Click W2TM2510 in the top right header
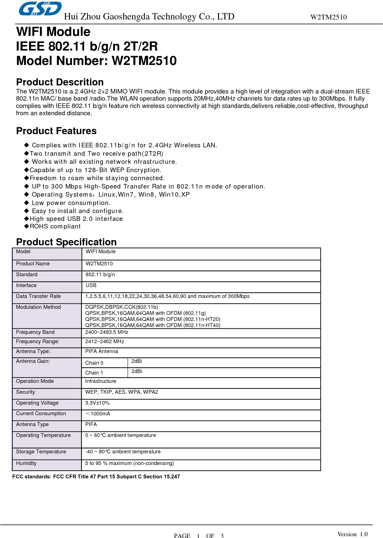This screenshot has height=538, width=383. [x=328, y=17]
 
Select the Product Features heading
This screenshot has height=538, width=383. [x=56, y=131]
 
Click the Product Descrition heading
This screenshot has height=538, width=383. [x=60, y=82]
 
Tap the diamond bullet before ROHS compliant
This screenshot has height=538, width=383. [x=27, y=226]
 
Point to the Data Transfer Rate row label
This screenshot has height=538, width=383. [x=38, y=296]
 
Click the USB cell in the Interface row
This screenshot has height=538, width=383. [x=91, y=285]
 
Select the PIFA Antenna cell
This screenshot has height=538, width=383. [x=102, y=351]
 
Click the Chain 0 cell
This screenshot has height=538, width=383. [x=94, y=363]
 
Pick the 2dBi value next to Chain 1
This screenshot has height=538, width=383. [x=137, y=371]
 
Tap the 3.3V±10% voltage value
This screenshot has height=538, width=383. [x=97, y=403]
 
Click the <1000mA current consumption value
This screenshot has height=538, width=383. [x=98, y=414]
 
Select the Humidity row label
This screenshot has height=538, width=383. [x=26, y=463]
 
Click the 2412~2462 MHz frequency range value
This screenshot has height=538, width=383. [x=105, y=341]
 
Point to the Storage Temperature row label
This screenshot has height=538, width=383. [x=41, y=452]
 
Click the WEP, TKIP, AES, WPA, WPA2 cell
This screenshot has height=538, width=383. [x=122, y=392]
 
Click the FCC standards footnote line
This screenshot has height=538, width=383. [x=96, y=477]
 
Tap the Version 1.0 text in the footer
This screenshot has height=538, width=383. [x=352, y=534]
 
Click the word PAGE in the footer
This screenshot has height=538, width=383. [x=182, y=536]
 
